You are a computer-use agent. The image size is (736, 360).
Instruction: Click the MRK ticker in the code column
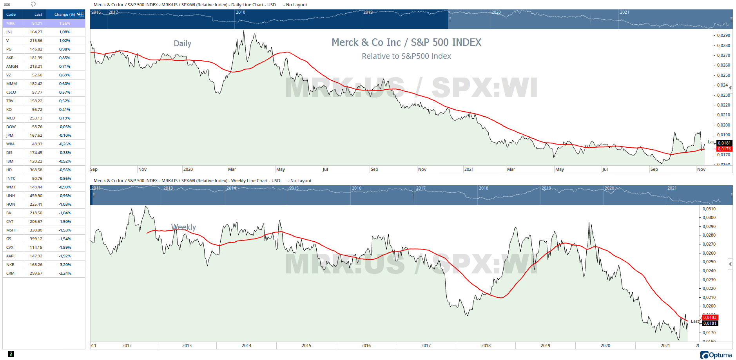[11, 24]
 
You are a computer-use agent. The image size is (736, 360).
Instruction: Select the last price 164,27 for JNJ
[36, 32]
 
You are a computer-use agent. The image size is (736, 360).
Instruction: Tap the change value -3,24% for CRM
[65, 273]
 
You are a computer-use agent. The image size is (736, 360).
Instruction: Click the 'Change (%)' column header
[64, 14]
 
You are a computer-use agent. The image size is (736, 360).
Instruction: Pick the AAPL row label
[11, 256]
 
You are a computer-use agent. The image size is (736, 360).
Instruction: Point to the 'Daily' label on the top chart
[183, 43]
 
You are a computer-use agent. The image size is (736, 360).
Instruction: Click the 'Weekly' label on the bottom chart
[184, 227]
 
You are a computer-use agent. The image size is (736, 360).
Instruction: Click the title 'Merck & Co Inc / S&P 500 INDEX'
[406, 42]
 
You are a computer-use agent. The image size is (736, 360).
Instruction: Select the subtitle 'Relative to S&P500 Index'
[406, 56]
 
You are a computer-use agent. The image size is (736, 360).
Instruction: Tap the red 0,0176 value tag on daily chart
[724, 149]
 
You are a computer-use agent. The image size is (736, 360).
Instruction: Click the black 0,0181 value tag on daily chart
[724, 143]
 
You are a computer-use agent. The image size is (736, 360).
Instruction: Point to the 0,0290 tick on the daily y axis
[723, 35]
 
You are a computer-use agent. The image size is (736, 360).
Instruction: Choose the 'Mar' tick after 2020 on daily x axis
[232, 169]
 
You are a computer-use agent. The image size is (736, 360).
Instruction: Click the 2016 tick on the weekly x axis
[366, 346]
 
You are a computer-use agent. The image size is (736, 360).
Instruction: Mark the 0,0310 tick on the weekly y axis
[709, 209]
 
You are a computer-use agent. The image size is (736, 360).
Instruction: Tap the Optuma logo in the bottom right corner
[716, 355]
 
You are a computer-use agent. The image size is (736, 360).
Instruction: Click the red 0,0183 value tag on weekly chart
[710, 317]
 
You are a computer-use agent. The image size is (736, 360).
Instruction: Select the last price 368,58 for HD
[36, 170]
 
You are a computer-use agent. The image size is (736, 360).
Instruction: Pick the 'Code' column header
[11, 14]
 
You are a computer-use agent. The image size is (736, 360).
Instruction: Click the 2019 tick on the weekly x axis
[546, 346]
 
